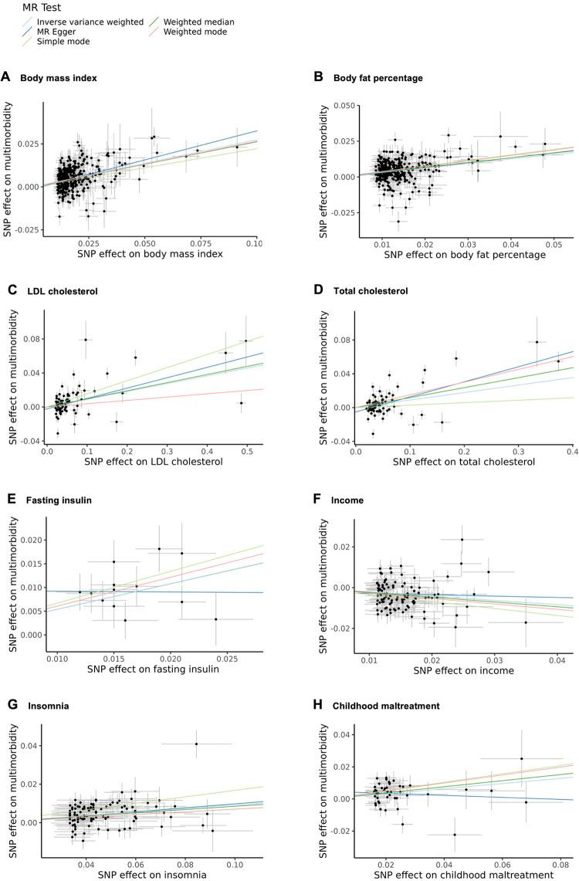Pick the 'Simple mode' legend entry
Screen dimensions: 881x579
click(67, 41)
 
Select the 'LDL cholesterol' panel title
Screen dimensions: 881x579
click(58, 291)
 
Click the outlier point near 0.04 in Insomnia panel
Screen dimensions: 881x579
click(196, 744)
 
